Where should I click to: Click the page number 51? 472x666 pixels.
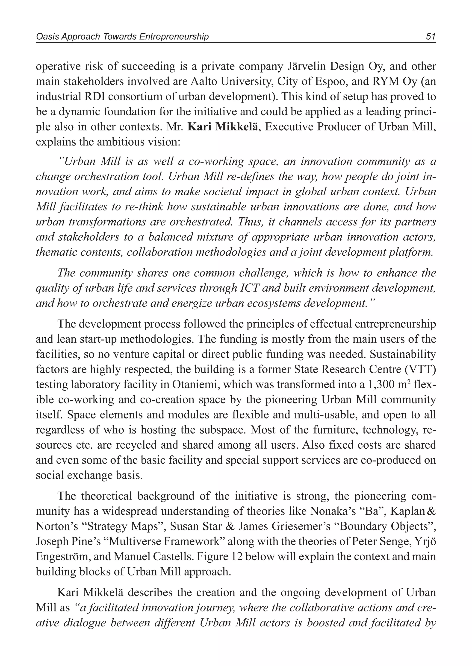point(431,37)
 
